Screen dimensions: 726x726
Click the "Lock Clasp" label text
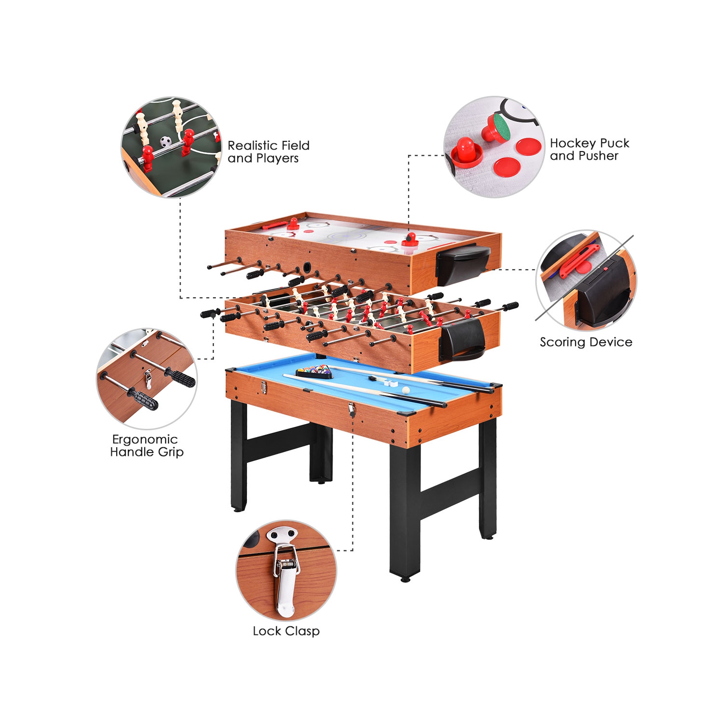coord(286,631)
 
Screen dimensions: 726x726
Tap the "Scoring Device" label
coord(586,342)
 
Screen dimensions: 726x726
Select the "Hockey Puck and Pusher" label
coord(589,150)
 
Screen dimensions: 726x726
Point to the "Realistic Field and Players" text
coord(268,152)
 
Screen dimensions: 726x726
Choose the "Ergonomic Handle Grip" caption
coord(147,446)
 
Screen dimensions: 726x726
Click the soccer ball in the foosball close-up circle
coord(166,141)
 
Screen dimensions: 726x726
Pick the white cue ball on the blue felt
coord(406,390)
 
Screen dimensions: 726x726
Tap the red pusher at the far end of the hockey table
coord(293,224)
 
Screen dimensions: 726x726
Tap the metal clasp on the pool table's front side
coord(351,409)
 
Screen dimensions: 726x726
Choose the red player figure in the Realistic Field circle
coord(187,142)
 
